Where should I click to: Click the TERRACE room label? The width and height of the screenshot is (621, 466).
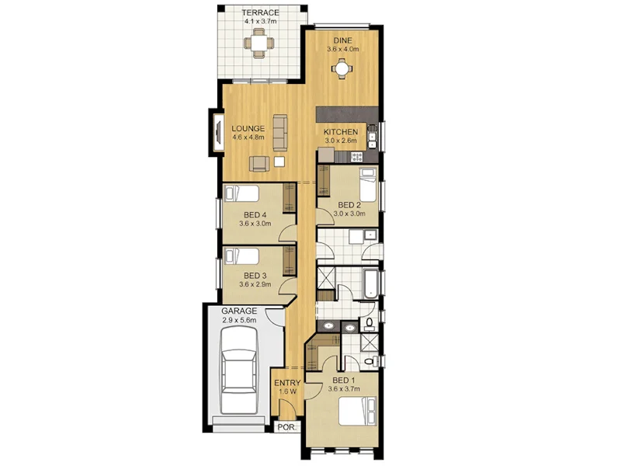click(x=260, y=12)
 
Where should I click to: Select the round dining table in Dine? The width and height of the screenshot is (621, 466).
click(x=342, y=70)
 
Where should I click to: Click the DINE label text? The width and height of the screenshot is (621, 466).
click(x=342, y=40)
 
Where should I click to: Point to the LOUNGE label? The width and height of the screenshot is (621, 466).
click(x=248, y=128)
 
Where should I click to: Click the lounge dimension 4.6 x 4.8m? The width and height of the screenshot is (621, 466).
click(x=248, y=137)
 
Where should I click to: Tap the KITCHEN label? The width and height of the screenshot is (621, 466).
click(x=341, y=132)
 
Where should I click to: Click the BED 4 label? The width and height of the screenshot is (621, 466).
click(x=255, y=217)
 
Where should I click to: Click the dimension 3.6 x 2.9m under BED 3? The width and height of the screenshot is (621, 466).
click(x=255, y=285)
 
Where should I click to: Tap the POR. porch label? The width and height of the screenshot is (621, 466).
click(x=285, y=427)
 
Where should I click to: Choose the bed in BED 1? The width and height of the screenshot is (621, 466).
click(x=362, y=413)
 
